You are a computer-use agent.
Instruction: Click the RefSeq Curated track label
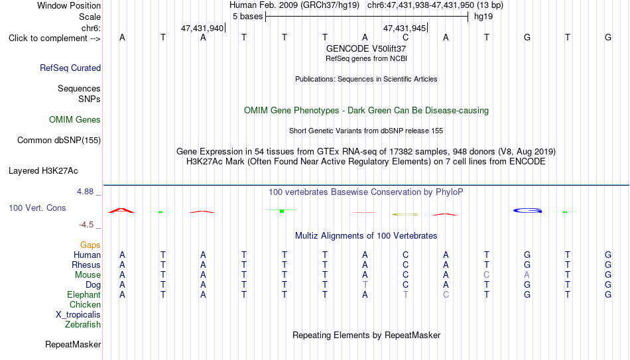click(70, 68)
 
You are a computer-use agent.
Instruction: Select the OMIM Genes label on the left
click(75, 120)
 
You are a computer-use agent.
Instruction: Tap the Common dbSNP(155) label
click(59, 141)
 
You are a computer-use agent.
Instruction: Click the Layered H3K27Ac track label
click(43, 171)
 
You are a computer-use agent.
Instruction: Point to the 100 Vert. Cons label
click(37, 208)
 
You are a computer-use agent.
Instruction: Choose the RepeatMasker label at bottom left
click(73, 344)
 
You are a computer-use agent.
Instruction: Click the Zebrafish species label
click(83, 324)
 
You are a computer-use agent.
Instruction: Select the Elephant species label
click(84, 294)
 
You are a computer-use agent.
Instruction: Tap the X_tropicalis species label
click(78, 315)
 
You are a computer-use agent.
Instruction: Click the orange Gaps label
click(90, 245)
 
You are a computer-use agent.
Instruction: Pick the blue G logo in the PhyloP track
click(528, 211)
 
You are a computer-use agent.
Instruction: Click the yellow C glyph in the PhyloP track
click(405, 215)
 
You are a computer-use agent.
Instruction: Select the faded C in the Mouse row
click(487, 275)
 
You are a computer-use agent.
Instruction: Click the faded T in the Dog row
click(365, 285)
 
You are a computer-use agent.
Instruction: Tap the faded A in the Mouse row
click(527, 275)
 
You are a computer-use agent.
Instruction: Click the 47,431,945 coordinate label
click(405, 28)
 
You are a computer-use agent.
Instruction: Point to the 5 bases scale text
click(247, 17)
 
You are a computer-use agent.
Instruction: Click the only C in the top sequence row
click(405, 37)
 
